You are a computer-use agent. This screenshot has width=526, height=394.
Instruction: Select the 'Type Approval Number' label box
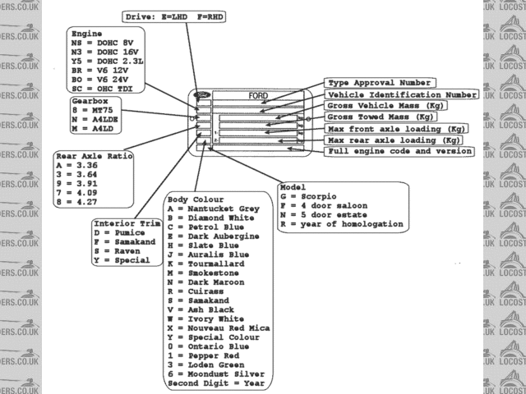pos(380,83)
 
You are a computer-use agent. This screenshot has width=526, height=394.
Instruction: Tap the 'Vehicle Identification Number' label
pos(402,94)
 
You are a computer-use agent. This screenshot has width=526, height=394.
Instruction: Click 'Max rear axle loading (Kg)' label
pos(394,140)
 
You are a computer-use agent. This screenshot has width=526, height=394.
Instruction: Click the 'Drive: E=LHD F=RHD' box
pos(175,16)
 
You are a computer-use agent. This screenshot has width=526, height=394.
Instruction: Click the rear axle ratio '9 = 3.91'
pos(77,184)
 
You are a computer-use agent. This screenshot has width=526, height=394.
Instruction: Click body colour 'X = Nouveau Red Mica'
pos(218,328)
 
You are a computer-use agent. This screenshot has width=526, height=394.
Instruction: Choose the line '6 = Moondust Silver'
pos(218,373)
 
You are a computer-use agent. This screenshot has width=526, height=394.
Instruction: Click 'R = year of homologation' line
pos(341,224)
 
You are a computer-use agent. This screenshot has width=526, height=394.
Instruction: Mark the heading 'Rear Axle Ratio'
pos(94,156)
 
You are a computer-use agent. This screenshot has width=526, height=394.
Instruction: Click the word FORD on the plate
pos(258,96)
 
